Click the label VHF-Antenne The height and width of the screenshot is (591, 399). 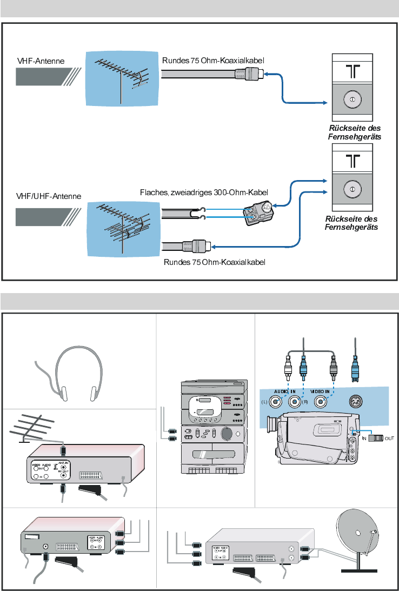pyautogui.click(x=40, y=61)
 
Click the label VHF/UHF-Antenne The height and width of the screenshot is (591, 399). pyautogui.click(x=48, y=196)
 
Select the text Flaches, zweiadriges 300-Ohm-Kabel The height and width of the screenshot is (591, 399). pyautogui.click(x=204, y=191)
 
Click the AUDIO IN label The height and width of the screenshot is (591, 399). pyautogui.click(x=285, y=390)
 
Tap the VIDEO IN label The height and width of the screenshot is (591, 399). pyautogui.click(x=323, y=390)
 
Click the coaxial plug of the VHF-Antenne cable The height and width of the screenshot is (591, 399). pyautogui.click(x=252, y=74)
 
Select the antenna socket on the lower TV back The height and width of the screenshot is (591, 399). pyautogui.click(x=351, y=189)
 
